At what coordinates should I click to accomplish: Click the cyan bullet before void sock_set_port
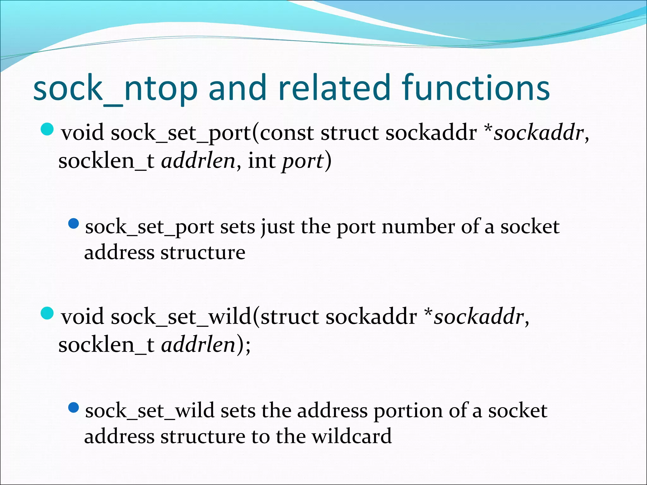pos(47,129)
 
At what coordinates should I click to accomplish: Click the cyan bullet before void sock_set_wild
pos(47,313)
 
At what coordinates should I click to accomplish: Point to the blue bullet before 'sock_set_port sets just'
pos(73,224)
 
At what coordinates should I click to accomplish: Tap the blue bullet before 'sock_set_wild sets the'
pos(73,408)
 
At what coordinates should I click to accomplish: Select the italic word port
pos(303,161)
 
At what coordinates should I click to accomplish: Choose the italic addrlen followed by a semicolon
pos(198,344)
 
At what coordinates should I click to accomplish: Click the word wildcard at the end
pos(351,436)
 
